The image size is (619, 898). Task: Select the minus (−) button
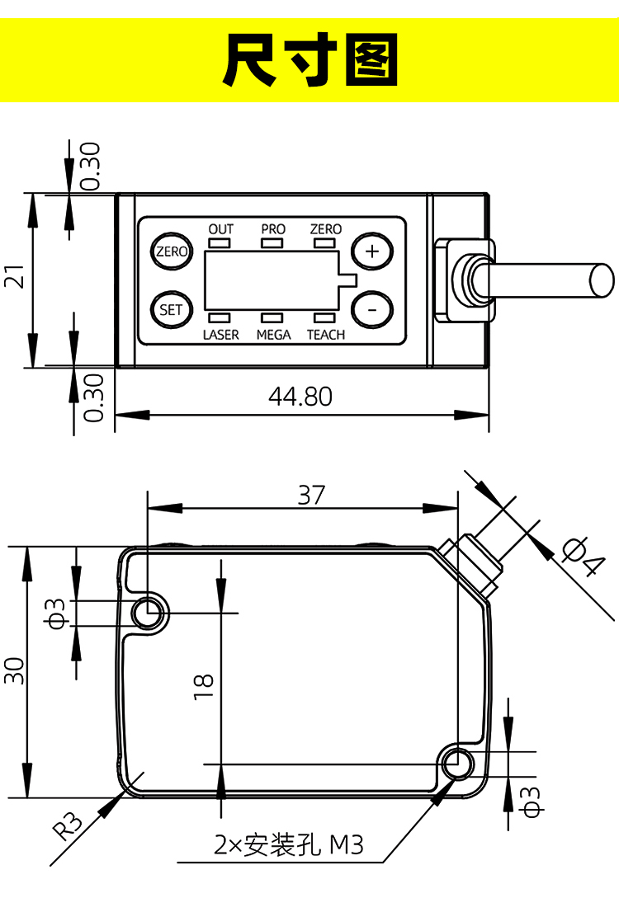tap(372, 310)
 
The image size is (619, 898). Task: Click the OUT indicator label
tap(221, 228)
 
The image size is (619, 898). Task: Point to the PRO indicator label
tap(273, 228)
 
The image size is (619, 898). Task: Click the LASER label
tap(220, 335)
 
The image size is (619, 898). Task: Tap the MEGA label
tap(273, 335)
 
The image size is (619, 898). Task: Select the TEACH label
tap(326, 335)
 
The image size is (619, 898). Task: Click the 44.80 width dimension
tap(300, 397)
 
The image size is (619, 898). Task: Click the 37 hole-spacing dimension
tap(312, 495)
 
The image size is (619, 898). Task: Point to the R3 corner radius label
tap(69, 825)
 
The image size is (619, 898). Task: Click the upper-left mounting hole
tap(149, 613)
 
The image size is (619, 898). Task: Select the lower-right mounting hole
tap(456, 764)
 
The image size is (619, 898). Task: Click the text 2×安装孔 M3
tap(289, 845)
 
